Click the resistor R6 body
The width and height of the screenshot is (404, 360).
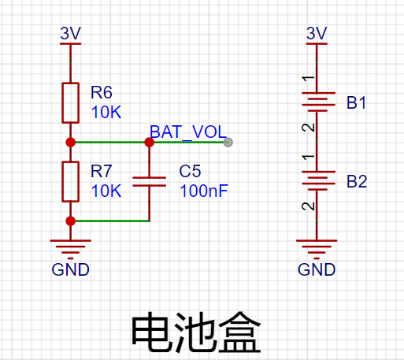[71, 103]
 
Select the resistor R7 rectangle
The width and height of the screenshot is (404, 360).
[71, 182]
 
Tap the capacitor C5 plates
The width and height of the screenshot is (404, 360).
[150, 182]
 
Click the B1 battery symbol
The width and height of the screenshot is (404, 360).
[318, 102]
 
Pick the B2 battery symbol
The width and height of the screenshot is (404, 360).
[318, 180]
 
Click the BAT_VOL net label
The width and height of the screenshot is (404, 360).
[188, 132]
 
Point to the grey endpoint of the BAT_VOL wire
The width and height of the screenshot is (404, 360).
[228, 143]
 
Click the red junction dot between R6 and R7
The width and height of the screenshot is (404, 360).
[71, 143]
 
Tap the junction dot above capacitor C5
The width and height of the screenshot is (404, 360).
[150, 143]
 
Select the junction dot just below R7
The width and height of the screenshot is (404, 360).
[71, 221]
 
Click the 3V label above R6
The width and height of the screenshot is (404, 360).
[71, 33]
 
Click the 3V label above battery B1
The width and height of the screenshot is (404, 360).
[317, 33]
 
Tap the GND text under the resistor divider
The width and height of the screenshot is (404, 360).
[71, 269]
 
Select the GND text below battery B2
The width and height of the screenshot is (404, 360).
[317, 269]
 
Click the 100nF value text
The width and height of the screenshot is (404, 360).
[204, 191]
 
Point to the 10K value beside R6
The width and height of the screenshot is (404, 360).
[106, 112]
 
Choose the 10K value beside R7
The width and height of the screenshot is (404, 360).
[106, 191]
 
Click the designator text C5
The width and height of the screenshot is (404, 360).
[190, 171]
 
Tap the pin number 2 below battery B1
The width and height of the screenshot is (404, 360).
[308, 128]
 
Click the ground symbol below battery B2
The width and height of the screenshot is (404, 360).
[317, 249]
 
